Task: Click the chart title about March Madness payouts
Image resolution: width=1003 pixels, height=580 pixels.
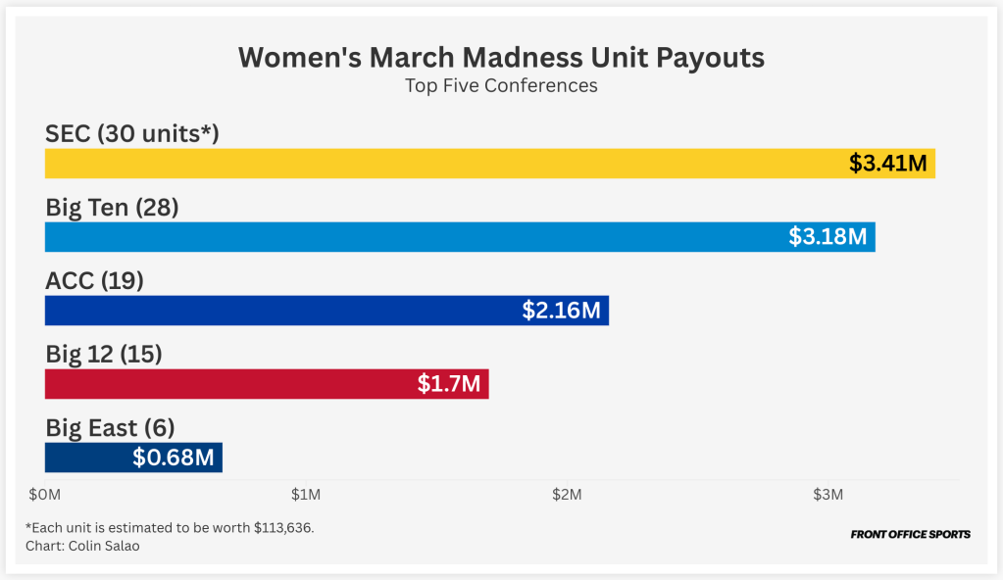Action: pos(501,57)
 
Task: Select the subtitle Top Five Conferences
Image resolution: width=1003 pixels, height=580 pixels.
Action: pos(501,85)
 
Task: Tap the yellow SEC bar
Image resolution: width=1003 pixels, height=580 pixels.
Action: pos(441,164)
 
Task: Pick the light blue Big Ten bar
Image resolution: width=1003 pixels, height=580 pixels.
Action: pos(412,237)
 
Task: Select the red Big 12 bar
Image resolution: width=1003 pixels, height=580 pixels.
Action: pos(226,384)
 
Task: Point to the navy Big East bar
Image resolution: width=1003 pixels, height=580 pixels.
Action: pos(88,458)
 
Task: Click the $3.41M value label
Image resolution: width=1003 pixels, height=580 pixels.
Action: pos(887,164)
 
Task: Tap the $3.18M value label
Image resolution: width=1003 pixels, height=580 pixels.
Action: pos(827,237)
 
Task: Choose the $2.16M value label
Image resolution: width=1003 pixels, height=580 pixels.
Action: pos(561,311)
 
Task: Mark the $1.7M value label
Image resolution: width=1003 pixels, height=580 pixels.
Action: pos(449,384)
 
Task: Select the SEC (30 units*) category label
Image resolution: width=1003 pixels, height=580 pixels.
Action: pos(131,134)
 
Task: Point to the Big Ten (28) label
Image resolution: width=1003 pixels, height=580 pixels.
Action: pos(112,208)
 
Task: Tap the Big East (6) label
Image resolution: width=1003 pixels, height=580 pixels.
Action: pos(110,428)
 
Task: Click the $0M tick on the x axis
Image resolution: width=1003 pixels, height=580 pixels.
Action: pos(45,495)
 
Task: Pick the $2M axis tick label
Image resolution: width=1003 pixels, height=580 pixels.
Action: pos(567,495)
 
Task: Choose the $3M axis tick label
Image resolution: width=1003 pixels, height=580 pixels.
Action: pos(828,495)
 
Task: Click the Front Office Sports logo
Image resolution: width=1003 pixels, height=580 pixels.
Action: pos(910,535)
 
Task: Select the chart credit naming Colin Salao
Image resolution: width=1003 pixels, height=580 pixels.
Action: pos(82,546)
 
